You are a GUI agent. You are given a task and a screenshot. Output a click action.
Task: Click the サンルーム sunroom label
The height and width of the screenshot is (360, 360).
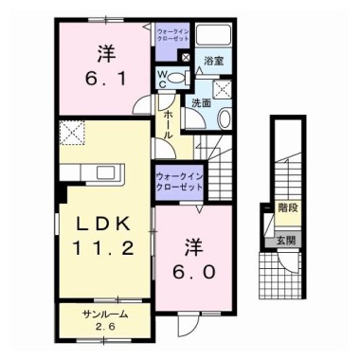coord(104,314)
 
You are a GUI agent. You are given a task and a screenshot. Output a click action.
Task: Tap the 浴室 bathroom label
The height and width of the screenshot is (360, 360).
coord(212,61)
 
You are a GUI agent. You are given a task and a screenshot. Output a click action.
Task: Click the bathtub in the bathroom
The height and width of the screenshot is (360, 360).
coord(213,37)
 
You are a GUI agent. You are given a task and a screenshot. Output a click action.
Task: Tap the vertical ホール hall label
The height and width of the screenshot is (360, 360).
coord(167,124)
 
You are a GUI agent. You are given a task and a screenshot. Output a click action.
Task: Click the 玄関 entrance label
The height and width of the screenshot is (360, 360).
coord(286,241)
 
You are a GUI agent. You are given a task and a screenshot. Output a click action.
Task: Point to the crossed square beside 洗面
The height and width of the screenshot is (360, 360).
coord(225,90)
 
